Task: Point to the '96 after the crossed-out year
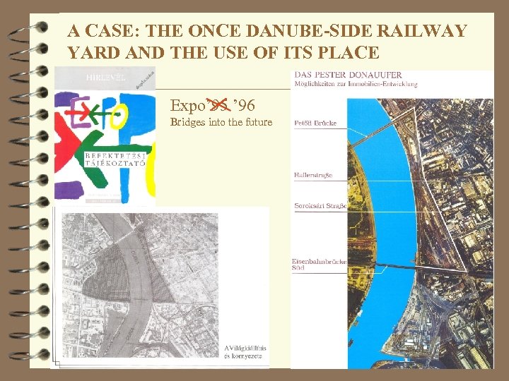[x=243, y=107]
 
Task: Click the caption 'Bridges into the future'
[x=221, y=122]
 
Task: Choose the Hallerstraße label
[x=312, y=175]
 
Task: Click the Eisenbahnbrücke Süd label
[x=318, y=265]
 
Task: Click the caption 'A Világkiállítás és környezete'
[x=242, y=351]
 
